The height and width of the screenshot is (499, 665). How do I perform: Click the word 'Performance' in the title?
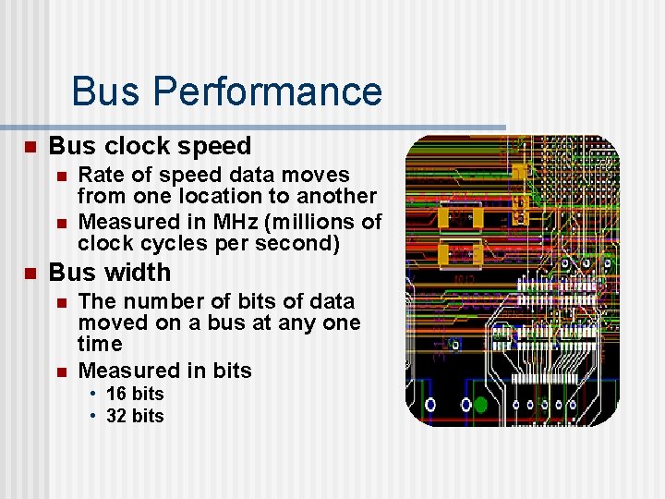267,91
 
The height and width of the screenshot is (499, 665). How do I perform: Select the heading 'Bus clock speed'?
150,146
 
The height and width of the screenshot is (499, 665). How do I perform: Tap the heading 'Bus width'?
109,273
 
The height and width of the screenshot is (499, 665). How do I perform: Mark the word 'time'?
100,344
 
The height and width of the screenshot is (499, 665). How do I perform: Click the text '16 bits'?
135,394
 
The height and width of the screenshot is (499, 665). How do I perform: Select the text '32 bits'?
135,416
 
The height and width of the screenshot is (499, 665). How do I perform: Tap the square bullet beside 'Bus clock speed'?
29,147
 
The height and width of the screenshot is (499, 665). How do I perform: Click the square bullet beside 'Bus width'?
29,274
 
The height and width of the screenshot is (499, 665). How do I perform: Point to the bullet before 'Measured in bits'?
61,371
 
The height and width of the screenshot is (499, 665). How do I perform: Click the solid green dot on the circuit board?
480,404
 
